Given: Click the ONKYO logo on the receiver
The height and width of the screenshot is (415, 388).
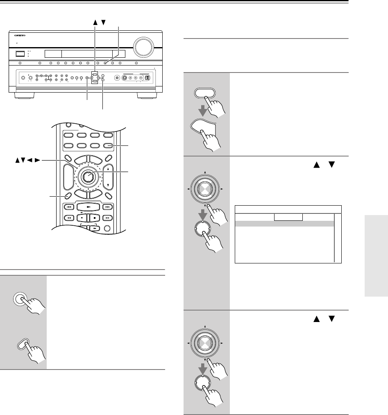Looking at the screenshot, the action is coord(18,35).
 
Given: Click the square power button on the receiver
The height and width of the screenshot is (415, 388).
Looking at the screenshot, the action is coord(19,53).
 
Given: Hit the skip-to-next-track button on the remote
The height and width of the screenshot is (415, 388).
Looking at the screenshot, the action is coord(108,207).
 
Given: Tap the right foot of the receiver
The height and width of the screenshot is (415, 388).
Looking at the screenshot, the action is coord(146,97).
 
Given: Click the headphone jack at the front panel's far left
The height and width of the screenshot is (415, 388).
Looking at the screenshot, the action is coord(23,78).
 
